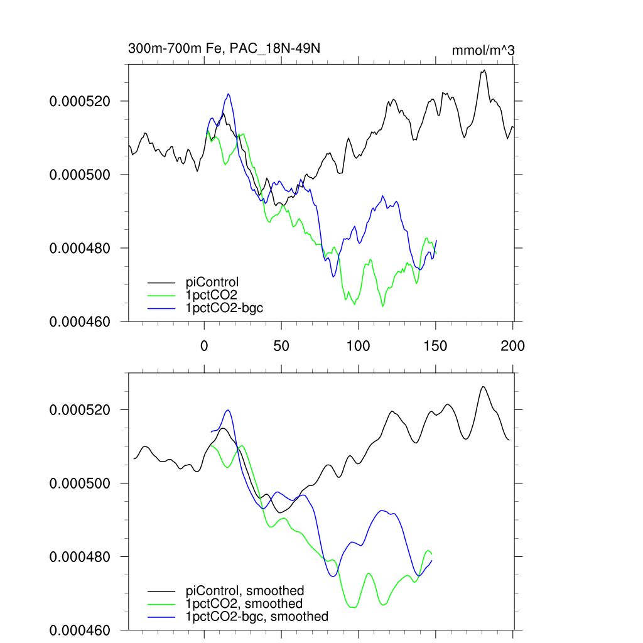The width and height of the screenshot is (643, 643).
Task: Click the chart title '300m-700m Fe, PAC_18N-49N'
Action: click(224, 48)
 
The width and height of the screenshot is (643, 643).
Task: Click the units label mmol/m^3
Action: click(484, 50)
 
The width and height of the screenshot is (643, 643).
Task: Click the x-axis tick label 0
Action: click(204, 345)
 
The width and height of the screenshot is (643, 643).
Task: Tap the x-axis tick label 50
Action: click(281, 345)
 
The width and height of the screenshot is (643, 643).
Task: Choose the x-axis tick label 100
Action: click(358, 345)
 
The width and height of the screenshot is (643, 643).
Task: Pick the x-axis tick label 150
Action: click(435, 345)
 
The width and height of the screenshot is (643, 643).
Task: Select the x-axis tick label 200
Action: click(512, 345)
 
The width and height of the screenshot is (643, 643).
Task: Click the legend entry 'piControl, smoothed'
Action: click(245, 591)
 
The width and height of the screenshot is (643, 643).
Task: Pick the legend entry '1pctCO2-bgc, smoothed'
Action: click(257, 617)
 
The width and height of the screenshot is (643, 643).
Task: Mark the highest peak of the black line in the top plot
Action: click(484, 70)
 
